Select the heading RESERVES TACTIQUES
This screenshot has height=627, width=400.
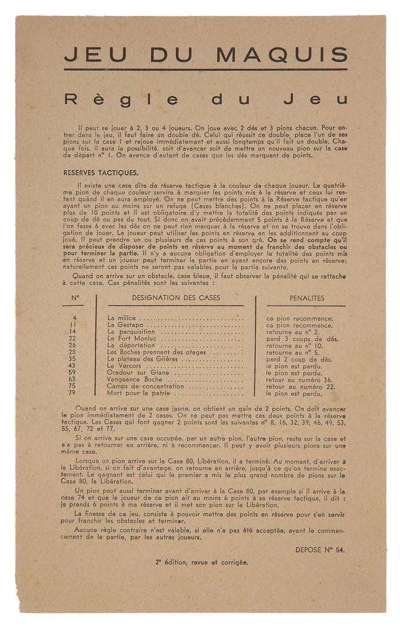pos(101,172)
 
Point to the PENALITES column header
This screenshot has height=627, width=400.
pos(307,298)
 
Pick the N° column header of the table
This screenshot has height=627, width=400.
pos(75,298)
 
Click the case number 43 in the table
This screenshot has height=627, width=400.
pos(72,365)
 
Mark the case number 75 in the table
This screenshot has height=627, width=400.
pos(72,386)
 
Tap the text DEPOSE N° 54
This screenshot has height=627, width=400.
pos(320,550)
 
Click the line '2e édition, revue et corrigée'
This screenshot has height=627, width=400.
pos(201,562)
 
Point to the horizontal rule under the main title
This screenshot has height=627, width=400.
pos(206,70)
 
